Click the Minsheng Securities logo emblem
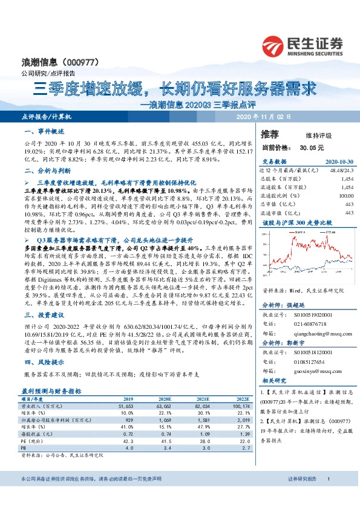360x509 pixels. (276, 46)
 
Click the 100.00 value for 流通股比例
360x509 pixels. (345, 196)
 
